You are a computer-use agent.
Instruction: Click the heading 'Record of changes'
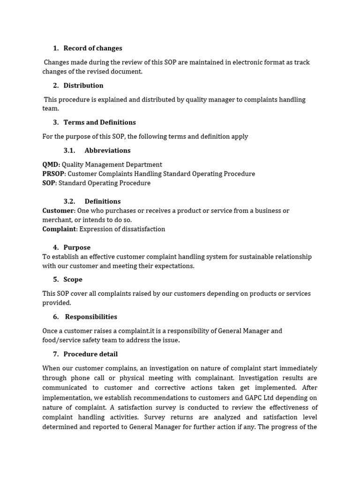tap(92, 48)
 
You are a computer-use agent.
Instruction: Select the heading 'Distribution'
tap(83, 85)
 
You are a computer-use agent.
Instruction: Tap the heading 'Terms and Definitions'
tap(99, 122)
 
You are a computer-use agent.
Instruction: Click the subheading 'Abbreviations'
tap(107, 150)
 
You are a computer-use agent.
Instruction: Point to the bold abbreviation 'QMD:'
tap(51, 165)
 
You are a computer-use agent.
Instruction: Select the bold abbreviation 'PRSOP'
tap(53, 174)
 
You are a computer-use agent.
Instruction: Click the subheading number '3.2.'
tap(69, 202)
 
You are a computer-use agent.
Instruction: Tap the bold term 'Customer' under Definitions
tap(58, 211)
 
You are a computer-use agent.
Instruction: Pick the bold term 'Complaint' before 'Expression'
tap(59, 229)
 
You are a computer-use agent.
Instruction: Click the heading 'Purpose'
tap(77, 247)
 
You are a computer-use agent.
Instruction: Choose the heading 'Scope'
tap(73, 279)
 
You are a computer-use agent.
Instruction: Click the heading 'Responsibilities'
tap(91, 317)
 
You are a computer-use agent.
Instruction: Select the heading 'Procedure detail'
tap(90, 354)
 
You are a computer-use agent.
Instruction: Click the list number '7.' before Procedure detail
tap(56, 354)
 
